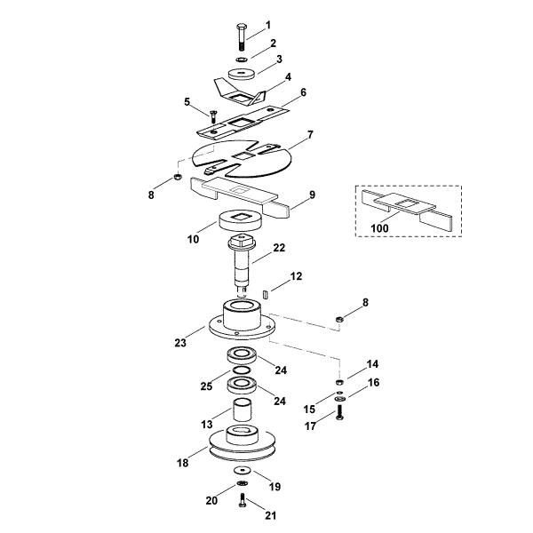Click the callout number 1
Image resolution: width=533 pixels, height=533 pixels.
pos(269,24)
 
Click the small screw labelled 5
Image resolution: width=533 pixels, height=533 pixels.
pos(214,114)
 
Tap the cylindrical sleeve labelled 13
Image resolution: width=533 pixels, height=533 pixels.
pos(244,415)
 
